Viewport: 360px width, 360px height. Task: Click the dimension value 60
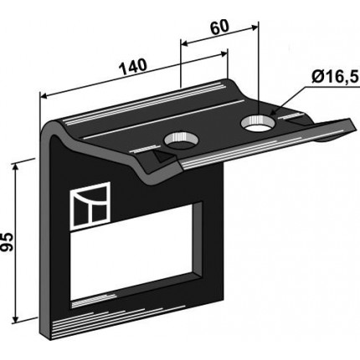click(x=219, y=27)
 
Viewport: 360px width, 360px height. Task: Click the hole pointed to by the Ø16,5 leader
click(x=258, y=123)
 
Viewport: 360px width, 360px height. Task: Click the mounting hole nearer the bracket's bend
click(x=181, y=140)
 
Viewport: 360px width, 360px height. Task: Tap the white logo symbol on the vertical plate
click(x=90, y=205)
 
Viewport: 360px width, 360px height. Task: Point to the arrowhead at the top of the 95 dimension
click(x=15, y=167)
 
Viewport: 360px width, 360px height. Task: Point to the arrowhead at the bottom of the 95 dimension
click(x=15, y=319)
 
